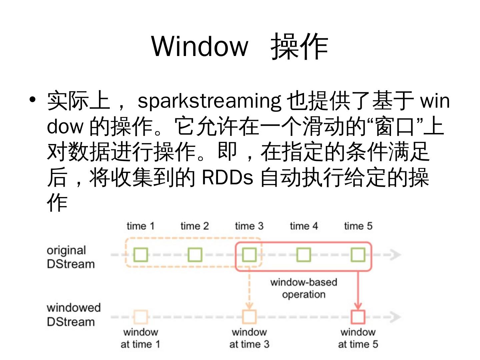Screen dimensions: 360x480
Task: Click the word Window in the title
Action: [200, 46]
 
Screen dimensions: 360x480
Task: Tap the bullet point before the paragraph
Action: [32, 99]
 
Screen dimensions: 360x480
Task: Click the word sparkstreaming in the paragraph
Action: [209, 101]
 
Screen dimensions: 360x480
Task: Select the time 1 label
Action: [141, 226]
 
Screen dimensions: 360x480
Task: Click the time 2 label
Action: [195, 226]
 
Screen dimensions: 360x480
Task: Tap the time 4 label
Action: [304, 226]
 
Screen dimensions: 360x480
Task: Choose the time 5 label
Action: [358, 226]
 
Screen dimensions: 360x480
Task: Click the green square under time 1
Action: [141, 255]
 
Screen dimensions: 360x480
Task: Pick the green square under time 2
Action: [195, 255]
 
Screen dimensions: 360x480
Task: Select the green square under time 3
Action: [249, 255]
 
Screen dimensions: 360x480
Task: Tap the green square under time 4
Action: [304, 255]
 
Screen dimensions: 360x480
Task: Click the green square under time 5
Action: [358, 255]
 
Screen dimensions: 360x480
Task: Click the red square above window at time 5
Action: [358, 317]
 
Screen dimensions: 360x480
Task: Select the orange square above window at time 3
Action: [249, 317]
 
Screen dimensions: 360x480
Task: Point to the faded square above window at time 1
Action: [141, 317]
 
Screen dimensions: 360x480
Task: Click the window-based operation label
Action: [304, 288]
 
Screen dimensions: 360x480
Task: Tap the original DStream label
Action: [70, 257]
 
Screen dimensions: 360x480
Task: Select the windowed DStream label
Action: [73, 315]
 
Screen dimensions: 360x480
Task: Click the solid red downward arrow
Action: [358, 290]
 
